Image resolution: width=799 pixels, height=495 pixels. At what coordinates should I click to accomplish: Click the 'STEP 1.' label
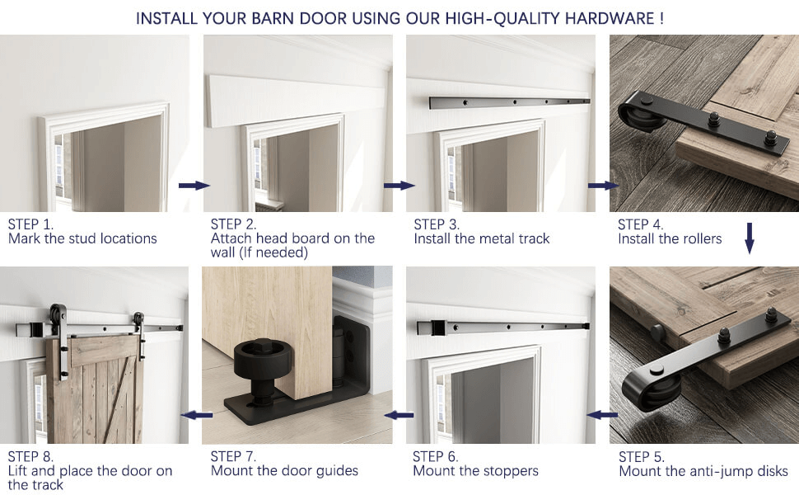tap(30, 224)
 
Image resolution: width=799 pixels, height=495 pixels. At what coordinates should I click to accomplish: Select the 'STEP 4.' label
tap(641, 224)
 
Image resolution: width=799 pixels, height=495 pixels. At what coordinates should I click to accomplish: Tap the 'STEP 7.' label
tap(233, 456)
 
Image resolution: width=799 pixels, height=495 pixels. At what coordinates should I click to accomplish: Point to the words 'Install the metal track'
tap(482, 238)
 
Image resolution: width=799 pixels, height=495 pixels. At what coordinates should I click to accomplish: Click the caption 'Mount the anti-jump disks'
tap(703, 471)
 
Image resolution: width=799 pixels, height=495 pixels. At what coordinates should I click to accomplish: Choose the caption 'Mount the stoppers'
tap(475, 470)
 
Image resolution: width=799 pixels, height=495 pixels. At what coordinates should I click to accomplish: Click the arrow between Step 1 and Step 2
tap(194, 186)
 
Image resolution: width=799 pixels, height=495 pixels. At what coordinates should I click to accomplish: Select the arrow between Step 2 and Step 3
tap(399, 186)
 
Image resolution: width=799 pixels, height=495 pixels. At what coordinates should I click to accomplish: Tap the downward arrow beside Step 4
tap(749, 238)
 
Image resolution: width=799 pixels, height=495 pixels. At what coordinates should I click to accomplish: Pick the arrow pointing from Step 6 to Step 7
tap(399, 416)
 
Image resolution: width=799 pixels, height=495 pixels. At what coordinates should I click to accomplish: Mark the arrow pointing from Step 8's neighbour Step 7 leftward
tap(197, 416)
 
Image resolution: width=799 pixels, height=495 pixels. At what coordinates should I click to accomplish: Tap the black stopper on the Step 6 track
tap(438, 328)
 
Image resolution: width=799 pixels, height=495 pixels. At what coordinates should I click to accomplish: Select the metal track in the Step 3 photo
tap(509, 102)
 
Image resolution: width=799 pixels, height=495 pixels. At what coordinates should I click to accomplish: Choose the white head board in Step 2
tap(297, 101)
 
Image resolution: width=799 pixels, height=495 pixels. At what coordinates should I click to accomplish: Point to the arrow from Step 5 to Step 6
tap(602, 415)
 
